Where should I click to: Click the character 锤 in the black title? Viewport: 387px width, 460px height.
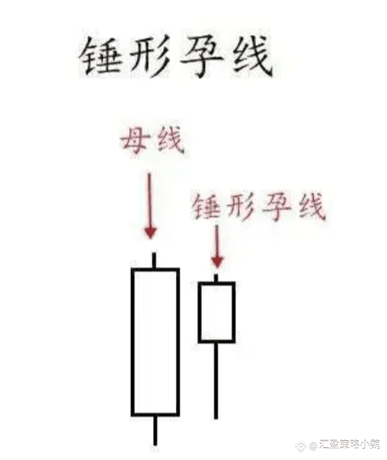pos(100,56)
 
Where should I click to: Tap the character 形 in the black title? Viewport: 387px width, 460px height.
pos(148,56)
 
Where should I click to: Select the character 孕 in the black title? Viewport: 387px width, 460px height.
pos(201,56)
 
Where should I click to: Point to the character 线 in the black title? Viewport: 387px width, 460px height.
pos(252,56)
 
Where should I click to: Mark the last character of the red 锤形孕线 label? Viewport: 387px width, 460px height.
pos(312,206)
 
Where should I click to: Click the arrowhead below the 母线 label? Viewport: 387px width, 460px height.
pos(151,232)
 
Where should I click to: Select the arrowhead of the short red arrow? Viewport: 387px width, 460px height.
pos(217,261)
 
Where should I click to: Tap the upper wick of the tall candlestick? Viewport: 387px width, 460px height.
pos(154,260)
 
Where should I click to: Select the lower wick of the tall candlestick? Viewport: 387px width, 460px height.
pos(155,430)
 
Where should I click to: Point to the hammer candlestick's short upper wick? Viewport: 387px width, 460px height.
pos(216,278)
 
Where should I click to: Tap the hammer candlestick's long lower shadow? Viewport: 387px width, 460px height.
pos(216,381)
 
